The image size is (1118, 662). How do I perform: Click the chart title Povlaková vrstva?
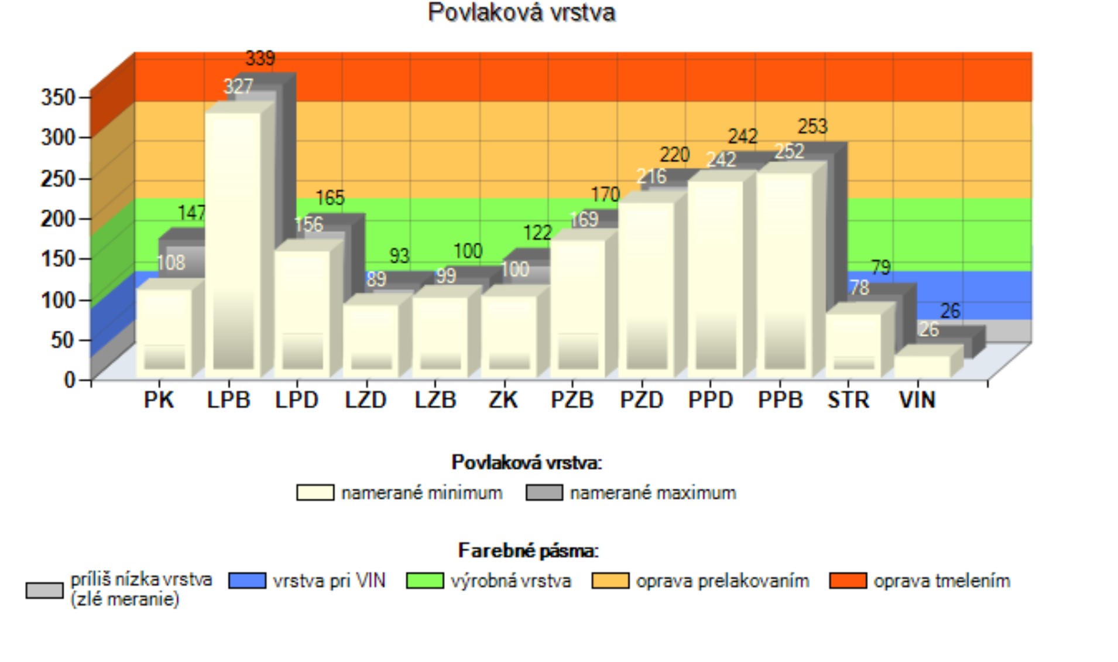(521, 13)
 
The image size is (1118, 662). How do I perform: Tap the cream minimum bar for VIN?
(922, 366)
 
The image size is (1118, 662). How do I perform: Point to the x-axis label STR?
(848, 400)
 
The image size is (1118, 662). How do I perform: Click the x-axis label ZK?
(503, 400)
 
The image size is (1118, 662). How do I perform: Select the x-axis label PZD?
(642, 400)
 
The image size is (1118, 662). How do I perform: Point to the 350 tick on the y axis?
(59, 97)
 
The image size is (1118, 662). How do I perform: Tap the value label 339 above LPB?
(260, 59)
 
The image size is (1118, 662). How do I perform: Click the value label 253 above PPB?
(812, 127)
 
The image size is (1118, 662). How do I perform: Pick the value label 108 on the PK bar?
(171, 262)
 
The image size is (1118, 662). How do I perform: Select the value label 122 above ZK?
(537, 233)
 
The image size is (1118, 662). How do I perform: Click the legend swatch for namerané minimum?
(315, 493)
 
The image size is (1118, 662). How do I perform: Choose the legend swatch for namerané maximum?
(544, 493)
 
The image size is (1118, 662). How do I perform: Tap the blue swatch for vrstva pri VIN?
(247, 581)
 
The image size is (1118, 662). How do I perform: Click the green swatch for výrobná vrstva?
(425, 581)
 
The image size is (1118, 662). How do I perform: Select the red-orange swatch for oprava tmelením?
(848, 581)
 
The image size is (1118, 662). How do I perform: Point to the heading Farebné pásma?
(528, 551)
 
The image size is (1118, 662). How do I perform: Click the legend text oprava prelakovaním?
(722, 581)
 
